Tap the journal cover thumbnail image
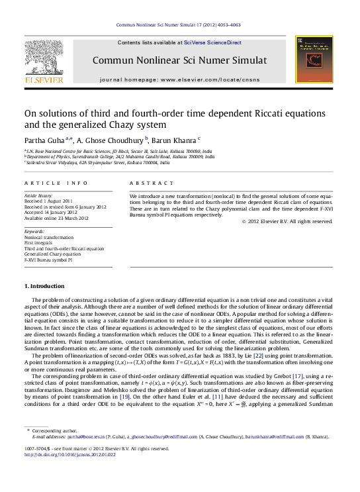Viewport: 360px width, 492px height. click(x=314, y=60)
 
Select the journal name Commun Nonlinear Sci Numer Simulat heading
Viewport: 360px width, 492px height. click(x=179, y=60)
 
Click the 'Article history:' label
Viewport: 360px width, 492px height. click(x=39, y=197)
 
